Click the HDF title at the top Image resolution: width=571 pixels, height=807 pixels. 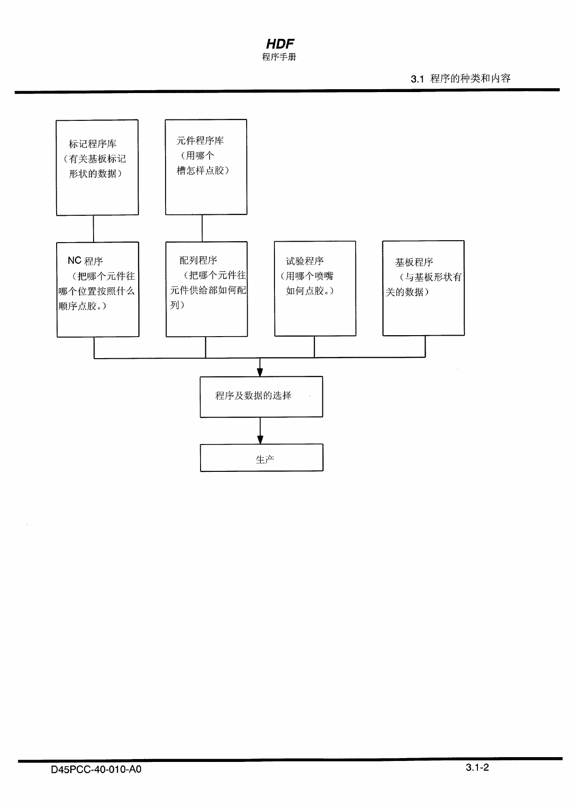point(280,44)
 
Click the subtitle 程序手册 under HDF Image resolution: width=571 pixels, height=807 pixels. point(279,57)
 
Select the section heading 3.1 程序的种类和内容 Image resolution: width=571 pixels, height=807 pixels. point(461,79)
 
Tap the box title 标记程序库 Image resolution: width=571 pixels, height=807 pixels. point(93,144)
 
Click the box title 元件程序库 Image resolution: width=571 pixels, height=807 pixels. point(200,140)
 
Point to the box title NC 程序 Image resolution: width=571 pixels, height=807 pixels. point(85,261)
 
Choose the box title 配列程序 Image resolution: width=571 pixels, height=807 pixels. point(198,260)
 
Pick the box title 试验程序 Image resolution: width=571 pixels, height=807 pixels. point(305,261)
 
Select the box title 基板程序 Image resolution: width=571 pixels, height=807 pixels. point(414,262)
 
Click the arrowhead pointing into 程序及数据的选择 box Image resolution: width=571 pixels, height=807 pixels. point(260,373)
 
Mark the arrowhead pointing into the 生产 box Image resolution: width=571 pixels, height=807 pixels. point(260,440)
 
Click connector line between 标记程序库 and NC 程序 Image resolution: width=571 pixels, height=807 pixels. point(94,228)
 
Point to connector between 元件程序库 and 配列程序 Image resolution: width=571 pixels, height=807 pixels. point(202,228)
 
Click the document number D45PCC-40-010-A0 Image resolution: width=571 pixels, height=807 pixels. point(96,770)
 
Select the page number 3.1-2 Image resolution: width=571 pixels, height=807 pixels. point(477,767)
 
